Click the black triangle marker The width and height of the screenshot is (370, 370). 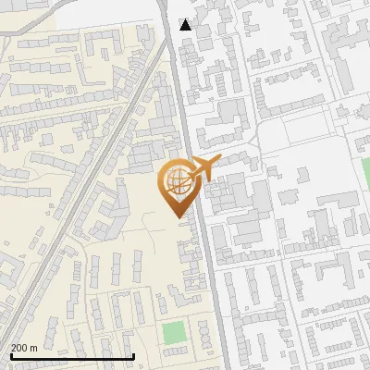[186, 24]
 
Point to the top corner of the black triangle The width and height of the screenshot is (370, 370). [186, 18]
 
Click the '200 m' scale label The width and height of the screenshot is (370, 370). [24, 348]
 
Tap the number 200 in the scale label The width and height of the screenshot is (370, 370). [19, 348]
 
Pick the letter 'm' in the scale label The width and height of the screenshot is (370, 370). [33, 349]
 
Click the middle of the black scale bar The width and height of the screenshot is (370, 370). [72, 356]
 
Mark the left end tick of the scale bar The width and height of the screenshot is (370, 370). [10, 354]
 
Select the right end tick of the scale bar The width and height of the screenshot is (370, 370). [134, 354]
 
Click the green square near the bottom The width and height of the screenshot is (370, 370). [173, 333]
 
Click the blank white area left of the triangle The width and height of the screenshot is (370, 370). [111, 11]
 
